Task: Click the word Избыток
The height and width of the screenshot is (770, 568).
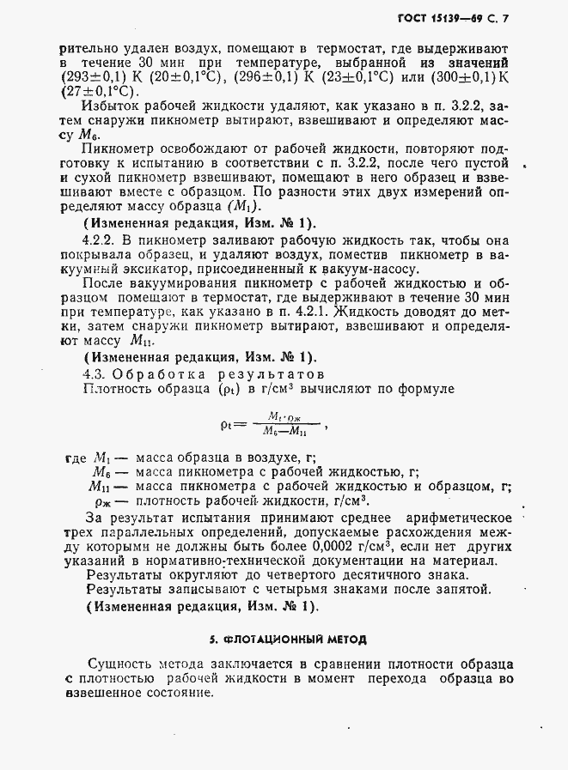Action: (108, 106)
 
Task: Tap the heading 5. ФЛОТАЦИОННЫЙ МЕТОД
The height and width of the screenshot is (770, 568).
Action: (288, 640)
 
